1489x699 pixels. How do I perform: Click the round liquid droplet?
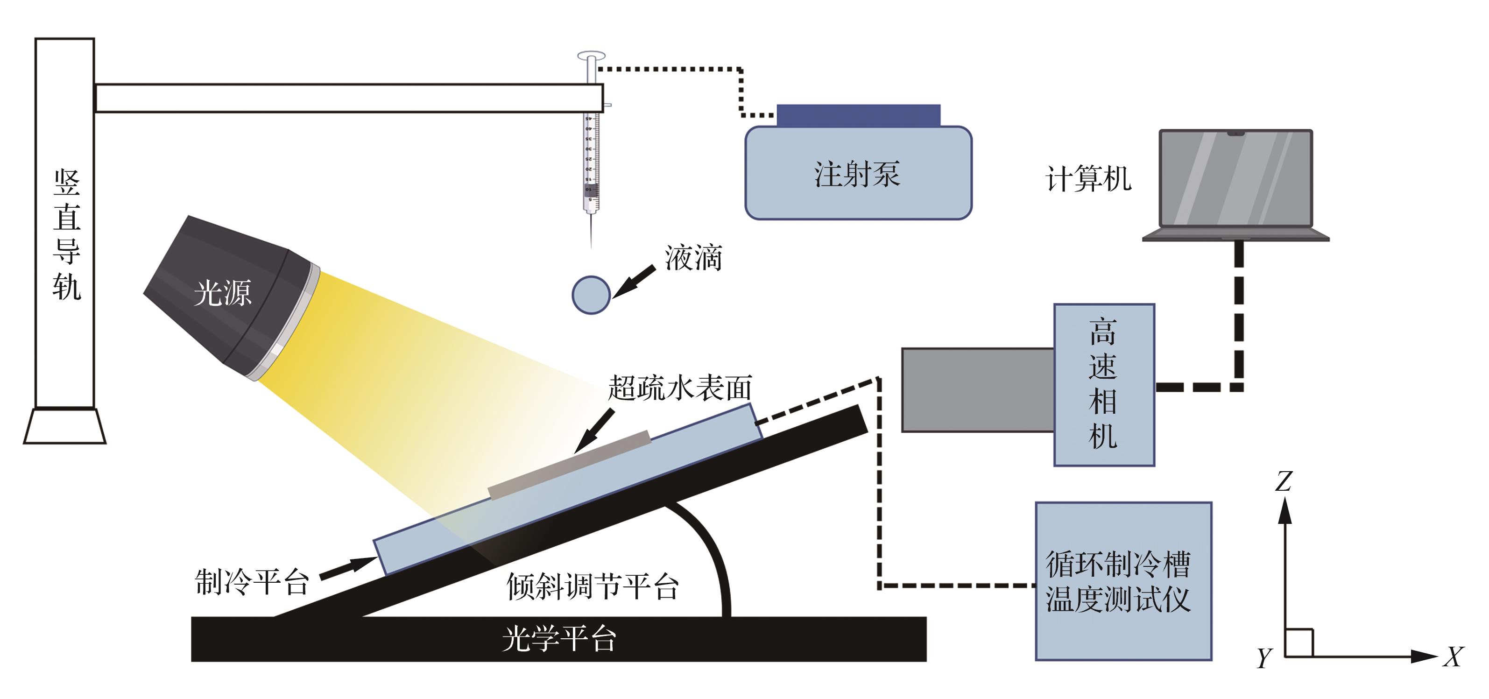pos(591,294)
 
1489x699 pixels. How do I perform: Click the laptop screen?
pos(1236,178)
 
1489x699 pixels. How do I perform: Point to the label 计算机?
pos(1088,179)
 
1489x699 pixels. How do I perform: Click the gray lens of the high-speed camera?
pos(978,390)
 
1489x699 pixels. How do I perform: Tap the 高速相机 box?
pos(1104,384)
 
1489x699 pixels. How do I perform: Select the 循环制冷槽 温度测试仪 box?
pos(1123,581)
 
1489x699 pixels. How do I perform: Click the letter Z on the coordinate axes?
pos(1283,480)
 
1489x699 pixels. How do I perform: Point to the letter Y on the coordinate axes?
pos(1264,658)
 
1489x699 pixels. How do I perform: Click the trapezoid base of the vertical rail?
pos(65,426)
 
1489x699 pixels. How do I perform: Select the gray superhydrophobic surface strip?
pos(569,464)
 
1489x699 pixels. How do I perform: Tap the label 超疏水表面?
pos(680,388)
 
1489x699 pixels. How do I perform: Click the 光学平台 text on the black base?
pos(559,639)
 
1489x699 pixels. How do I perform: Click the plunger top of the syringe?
pos(591,56)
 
